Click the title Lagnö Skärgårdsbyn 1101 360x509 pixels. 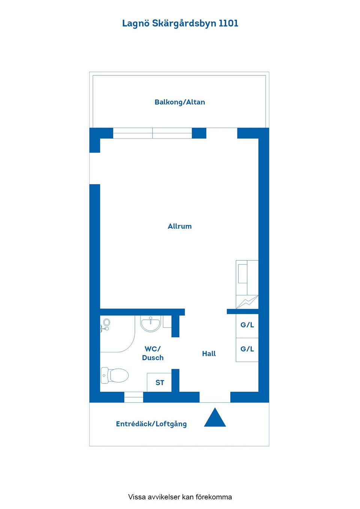(x=180, y=24)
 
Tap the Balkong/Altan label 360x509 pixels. (x=180, y=102)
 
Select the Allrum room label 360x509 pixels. (x=180, y=226)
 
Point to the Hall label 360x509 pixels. (x=209, y=353)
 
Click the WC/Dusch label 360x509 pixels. (x=153, y=353)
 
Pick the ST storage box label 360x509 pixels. (x=159, y=383)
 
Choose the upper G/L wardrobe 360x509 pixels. (x=247, y=325)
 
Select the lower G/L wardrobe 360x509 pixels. (x=247, y=349)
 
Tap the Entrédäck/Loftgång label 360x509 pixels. (x=151, y=424)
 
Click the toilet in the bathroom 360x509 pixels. (x=114, y=376)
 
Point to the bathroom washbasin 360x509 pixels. (x=150, y=323)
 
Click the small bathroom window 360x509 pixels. (x=133, y=397)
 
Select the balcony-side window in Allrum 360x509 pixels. (x=153, y=133)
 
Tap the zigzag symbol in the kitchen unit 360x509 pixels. (x=247, y=302)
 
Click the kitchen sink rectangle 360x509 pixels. (x=243, y=274)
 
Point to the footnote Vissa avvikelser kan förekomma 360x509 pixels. (x=180, y=497)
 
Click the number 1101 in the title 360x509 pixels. (x=228, y=23)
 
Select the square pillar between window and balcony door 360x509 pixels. (x=199, y=133)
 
